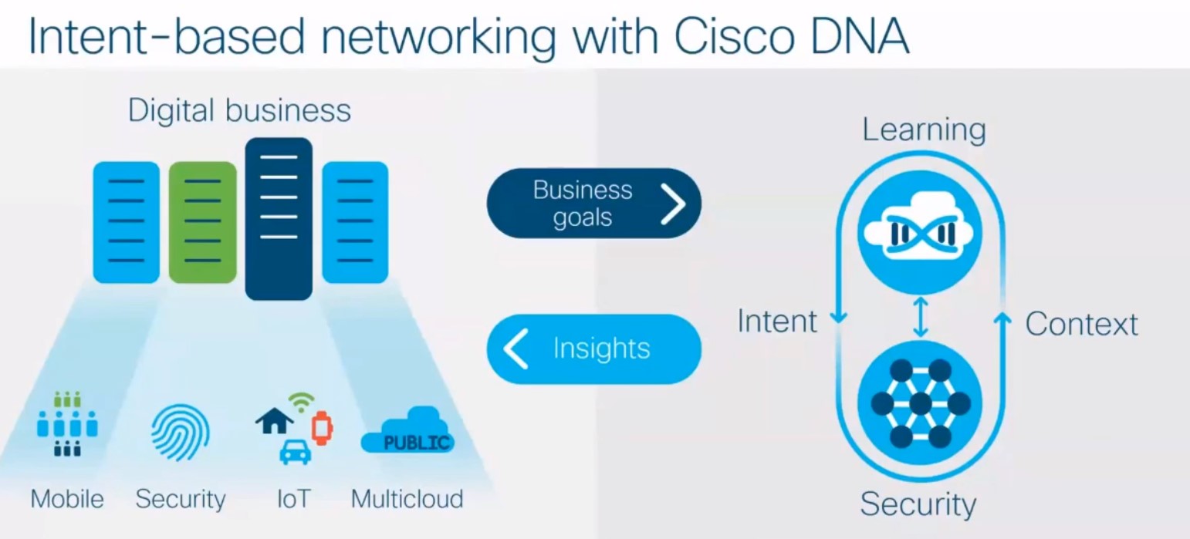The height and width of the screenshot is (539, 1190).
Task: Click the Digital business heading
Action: click(239, 110)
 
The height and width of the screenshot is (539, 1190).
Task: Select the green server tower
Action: click(202, 222)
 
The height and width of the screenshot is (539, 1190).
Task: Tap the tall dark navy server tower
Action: click(279, 219)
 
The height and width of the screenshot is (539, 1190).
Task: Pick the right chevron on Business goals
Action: click(672, 204)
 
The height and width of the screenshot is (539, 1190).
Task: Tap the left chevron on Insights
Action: click(516, 349)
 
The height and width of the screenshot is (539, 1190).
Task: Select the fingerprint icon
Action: click(179, 433)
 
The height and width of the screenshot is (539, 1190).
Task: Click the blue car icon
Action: click(295, 452)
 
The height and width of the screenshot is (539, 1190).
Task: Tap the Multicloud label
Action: click(407, 499)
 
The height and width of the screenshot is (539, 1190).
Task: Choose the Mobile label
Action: click(67, 499)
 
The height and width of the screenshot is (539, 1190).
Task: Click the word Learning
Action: click(923, 130)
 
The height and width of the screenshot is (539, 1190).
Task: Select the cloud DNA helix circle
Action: click(919, 232)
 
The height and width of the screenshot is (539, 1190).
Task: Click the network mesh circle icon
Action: click(919, 403)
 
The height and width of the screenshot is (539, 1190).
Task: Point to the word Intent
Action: click(776, 321)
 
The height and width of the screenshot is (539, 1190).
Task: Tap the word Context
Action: click(1081, 324)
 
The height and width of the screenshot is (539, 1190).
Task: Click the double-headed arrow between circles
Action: click(919, 317)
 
